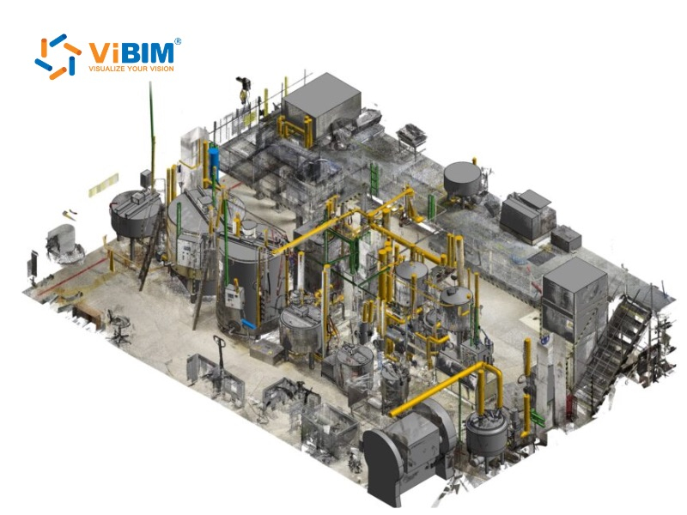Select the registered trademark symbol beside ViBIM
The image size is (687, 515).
click(x=178, y=40)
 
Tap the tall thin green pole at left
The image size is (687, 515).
click(x=152, y=129)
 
